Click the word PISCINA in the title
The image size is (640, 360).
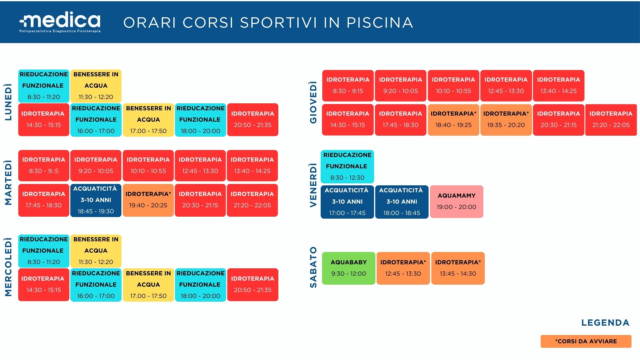pos(380,23)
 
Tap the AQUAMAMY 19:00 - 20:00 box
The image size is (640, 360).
pos(457,202)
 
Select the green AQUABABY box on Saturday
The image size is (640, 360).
pos(349,268)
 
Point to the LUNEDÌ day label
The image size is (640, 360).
pos(8,102)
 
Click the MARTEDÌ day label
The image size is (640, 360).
pos(8,183)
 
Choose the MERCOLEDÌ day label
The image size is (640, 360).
pos(8,267)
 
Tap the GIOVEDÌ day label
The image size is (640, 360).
pos(313,102)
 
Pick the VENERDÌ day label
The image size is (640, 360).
pos(313,185)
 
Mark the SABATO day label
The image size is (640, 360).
pos(313,267)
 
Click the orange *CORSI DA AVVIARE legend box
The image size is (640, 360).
pos(586,341)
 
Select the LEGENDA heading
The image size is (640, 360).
pos(605,323)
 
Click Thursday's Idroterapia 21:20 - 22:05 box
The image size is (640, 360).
pos(611,120)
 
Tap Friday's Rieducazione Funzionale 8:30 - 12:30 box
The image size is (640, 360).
pos(347,166)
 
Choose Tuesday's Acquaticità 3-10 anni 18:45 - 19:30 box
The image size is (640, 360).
pos(96,200)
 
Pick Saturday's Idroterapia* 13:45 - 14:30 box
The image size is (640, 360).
pos(458,268)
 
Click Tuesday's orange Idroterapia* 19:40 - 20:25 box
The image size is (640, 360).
pos(148,200)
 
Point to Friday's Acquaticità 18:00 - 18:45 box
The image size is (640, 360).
pos(402,202)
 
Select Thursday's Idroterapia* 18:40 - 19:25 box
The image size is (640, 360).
pos(453,120)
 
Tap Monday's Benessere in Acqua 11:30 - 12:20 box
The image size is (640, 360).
pos(96,86)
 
